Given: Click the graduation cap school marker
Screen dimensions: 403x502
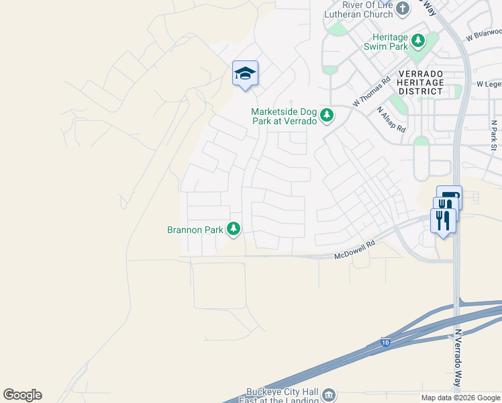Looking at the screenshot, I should [x=245, y=73].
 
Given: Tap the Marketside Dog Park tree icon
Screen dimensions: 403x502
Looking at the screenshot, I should [x=327, y=116].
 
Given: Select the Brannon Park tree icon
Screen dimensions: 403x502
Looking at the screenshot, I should [x=234, y=230].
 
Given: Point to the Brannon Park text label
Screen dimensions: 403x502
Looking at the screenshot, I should [x=195, y=230].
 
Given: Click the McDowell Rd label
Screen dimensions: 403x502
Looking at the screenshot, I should [x=354, y=252].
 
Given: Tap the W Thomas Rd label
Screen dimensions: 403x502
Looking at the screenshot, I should [x=371, y=93].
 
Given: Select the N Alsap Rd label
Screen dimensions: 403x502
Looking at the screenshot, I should [x=391, y=119].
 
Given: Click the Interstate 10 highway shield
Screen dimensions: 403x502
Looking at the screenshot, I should [x=385, y=342].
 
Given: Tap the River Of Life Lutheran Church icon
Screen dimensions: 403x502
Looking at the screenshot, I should [x=403, y=9].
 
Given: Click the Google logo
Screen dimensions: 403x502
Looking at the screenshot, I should [x=22, y=395].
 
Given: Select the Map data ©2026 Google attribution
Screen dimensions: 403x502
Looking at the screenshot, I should [x=460, y=398].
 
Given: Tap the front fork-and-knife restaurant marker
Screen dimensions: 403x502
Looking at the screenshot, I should [x=443, y=219].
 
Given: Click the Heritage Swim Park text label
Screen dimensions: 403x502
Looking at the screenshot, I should [x=386, y=42].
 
